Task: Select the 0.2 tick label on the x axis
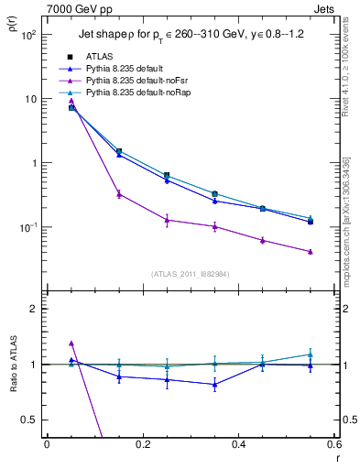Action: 142,445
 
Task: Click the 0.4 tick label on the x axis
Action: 238,445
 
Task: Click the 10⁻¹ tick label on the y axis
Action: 27,227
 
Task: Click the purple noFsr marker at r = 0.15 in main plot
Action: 119,194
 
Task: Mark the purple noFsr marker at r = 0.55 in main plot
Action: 311,252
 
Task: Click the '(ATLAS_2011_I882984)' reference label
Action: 190,274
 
